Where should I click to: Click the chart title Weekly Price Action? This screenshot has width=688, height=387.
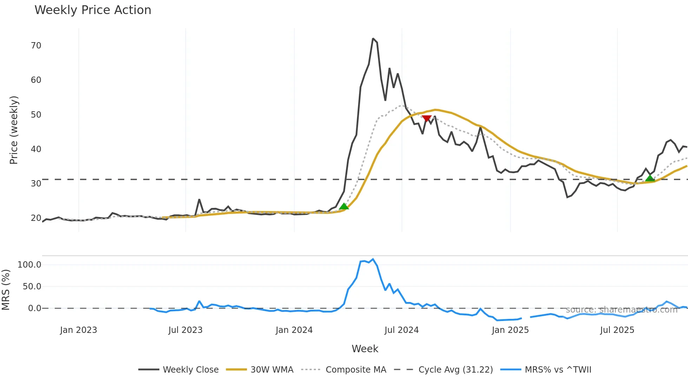[93, 10]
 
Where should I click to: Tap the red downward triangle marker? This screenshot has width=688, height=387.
[426, 119]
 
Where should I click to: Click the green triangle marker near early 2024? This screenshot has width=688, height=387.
[344, 206]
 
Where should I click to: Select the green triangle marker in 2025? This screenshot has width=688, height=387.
[650, 178]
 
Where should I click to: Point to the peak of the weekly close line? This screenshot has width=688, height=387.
[373, 39]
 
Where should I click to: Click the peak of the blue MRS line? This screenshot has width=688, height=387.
[373, 259]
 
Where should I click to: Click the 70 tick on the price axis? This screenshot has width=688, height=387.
[36, 46]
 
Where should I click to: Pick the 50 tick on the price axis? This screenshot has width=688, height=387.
[36, 115]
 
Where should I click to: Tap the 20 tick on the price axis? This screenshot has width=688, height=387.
[36, 218]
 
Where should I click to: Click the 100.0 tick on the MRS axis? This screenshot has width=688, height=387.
[29, 265]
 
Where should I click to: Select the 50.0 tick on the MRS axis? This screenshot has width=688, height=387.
[32, 287]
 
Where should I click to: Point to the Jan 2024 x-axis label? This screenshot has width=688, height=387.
[294, 330]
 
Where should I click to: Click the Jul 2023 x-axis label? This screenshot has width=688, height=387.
[185, 330]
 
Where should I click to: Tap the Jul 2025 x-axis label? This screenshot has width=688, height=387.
[617, 330]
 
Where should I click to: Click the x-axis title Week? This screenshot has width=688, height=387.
[365, 349]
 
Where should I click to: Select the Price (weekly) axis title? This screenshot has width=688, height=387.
[14, 130]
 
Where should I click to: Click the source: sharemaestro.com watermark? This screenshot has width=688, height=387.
[621, 310]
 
